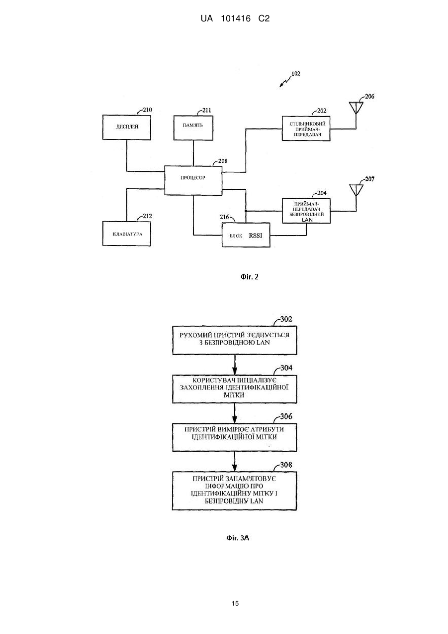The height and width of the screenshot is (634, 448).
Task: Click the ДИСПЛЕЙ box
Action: (127, 127)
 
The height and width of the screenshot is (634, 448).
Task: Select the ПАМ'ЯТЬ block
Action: (193, 127)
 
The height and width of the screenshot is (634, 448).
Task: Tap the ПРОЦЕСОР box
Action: (193, 180)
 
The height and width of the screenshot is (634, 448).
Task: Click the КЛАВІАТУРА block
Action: (127, 234)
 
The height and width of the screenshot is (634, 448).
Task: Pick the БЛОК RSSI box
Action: (246, 235)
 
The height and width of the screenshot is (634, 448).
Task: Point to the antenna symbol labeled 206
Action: (356, 108)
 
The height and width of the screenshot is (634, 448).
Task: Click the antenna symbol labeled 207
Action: (356, 190)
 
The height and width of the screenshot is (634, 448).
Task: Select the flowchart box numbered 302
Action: (235, 340)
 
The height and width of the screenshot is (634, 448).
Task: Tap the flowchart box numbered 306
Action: (235, 437)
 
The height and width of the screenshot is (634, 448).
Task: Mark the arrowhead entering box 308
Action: (235, 468)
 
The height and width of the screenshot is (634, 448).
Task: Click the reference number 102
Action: (296, 74)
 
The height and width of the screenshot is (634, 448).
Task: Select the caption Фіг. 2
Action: (249, 277)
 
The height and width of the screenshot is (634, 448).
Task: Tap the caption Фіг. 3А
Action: (238, 538)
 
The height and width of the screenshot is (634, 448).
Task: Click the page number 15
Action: (235, 604)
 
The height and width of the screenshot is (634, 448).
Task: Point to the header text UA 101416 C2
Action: (235, 18)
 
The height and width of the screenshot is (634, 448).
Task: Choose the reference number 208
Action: (223, 161)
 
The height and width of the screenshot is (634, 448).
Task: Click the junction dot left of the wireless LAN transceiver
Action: (246, 211)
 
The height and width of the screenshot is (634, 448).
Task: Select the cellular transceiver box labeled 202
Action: (306, 128)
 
